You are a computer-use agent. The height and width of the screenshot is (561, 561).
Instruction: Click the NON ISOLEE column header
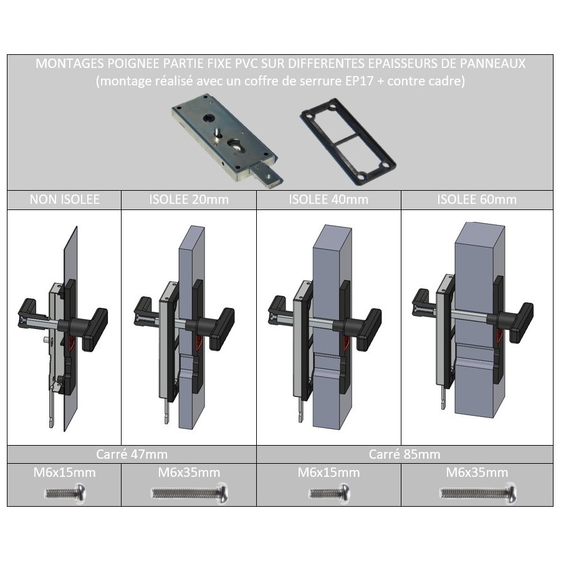coord(64,199)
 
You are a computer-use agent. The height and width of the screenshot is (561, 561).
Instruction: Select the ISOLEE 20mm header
coord(189,199)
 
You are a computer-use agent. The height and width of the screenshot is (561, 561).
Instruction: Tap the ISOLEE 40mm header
coord(328,199)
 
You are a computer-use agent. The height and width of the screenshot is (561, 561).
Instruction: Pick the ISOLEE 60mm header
coord(477,199)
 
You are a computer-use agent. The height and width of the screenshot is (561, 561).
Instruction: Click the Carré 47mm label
coord(132,454)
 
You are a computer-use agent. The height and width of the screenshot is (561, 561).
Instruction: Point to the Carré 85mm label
coord(405,454)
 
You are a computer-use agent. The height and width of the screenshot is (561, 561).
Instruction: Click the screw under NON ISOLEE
coord(65,494)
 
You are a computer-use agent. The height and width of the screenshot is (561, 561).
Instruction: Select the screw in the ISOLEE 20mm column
coord(189,494)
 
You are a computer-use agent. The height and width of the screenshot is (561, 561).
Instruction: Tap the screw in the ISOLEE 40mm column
coord(330,494)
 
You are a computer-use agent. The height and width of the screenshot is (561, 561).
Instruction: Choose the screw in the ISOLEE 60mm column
coord(478,494)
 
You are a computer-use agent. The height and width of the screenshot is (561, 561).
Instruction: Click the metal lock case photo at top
coord(227,140)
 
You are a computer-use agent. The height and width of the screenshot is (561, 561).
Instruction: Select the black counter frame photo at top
coord(348,141)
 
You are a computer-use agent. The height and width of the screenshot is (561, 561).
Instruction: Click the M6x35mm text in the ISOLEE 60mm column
coord(477,472)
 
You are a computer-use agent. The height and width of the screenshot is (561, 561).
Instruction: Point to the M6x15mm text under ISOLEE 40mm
coord(328,472)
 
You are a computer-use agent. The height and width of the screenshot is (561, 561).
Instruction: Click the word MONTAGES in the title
coord(69,64)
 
